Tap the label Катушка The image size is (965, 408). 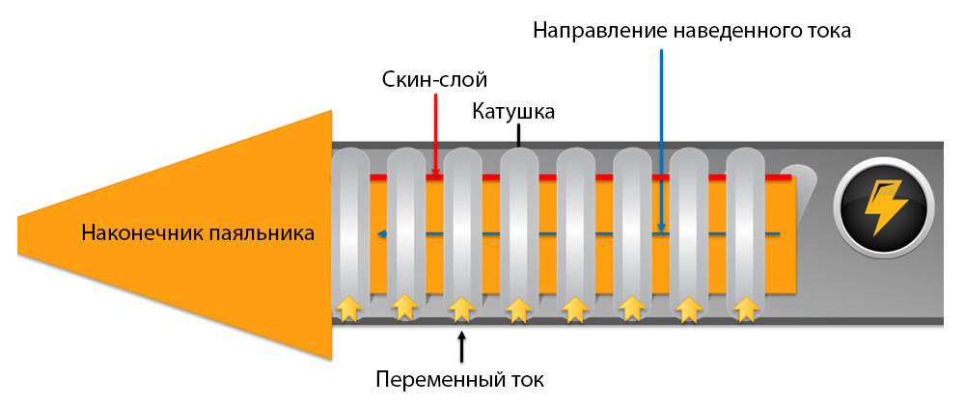[x=512, y=112]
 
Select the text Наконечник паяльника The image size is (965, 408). [x=198, y=232]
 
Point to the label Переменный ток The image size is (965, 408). [x=460, y=379]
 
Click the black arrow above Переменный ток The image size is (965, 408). [x=462, y=344]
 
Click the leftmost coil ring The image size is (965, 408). [x=349, y=231]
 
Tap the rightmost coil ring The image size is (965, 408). [x=745, y=231]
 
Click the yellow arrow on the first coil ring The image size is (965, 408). [x=348, y=308]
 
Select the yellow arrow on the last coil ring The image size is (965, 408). [x=745, y=308]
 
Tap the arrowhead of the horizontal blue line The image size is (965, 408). [x=382, y=233]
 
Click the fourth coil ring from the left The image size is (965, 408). [x=519, y=231]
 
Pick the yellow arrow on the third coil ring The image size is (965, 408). [x=462, y=308]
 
